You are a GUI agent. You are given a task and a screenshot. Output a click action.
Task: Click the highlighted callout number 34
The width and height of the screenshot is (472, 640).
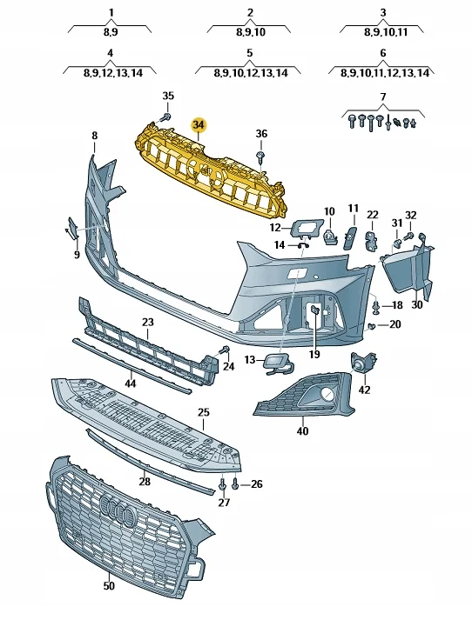[199, 125]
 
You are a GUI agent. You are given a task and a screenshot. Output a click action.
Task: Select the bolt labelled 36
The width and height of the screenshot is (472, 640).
[260, 157]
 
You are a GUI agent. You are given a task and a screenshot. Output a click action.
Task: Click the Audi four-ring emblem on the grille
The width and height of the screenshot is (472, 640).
[118, 508]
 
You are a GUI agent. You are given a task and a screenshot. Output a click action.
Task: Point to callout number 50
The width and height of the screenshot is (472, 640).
[109, 586]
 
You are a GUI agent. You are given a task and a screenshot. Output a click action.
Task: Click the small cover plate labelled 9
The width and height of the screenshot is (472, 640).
[71, 228]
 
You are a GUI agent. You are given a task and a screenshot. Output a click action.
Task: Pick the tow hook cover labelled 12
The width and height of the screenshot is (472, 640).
[307, 228]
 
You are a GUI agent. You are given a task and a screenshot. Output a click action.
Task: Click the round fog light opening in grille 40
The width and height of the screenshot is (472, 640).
[327, 394]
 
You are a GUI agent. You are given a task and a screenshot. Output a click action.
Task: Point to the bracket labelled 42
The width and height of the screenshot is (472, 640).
[363, 362]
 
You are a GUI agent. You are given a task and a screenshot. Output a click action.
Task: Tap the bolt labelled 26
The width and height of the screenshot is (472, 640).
[235, 484]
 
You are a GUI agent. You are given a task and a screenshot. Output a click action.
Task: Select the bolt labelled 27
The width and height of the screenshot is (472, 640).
[222, 485]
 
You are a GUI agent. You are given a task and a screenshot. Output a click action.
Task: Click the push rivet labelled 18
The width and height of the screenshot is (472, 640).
[376, 307]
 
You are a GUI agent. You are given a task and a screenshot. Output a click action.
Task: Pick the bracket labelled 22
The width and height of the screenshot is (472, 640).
[372, 242]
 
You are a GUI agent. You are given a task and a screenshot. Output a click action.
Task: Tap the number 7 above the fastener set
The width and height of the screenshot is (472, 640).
[383, 97]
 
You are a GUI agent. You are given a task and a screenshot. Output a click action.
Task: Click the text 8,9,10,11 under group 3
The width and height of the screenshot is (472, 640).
[386, 32]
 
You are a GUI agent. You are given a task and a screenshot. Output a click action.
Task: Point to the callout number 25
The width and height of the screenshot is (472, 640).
[204, 412]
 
